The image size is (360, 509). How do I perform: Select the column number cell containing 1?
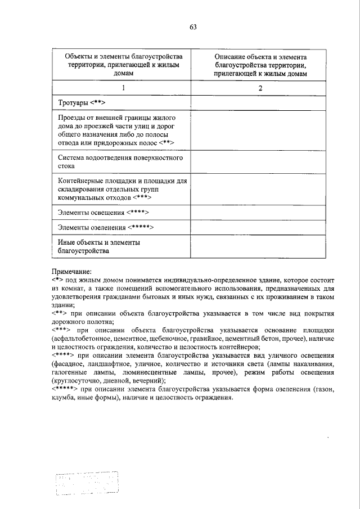tap(124, 88)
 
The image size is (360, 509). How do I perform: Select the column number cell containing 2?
tap(260, 88)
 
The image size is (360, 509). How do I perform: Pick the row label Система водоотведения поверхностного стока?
tap(120, 163)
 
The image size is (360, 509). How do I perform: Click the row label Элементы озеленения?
tap(106, 227)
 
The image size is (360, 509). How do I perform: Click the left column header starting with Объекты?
tap(124, 65)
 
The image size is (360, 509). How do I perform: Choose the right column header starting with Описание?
tap(260, 65)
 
